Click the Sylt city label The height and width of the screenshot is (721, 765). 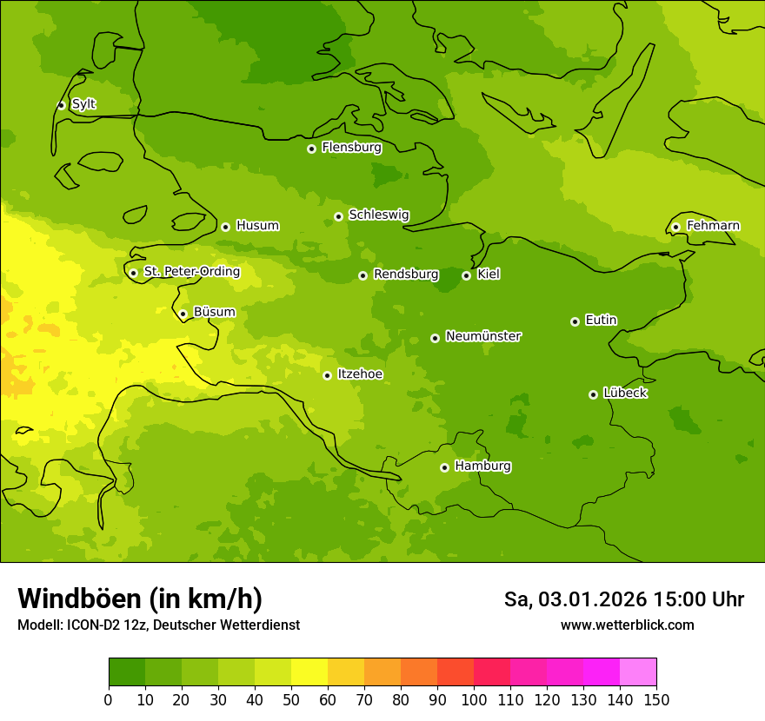click(83, 104)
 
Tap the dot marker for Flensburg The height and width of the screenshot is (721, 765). click(311, 149)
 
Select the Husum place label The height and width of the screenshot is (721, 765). click(257, 226)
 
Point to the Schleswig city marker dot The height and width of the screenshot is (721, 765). click(338, 216)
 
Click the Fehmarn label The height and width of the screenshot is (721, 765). click(713, 226)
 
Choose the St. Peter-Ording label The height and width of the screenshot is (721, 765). click(191, 272)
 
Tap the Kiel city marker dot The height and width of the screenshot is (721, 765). click(466, 275)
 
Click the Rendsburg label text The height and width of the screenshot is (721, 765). click(405, 275)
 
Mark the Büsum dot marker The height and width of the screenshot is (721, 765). click(183, 314)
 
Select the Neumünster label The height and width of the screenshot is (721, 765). click(483, 336)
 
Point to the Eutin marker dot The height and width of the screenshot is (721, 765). click(575, 321)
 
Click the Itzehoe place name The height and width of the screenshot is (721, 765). click(360, 374)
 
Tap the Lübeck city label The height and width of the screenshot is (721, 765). click(624, 393)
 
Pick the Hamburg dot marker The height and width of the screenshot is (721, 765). click(444, 467)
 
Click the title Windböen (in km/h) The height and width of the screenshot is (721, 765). click(140, 599)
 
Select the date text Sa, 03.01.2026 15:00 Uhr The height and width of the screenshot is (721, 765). click(623, 599)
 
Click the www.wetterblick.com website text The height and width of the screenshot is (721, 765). click(627, 625)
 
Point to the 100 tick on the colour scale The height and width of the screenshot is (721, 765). click(474, 698)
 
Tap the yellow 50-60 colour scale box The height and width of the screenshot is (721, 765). click(309, 672)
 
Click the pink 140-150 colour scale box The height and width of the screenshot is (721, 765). click(638, 672)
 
